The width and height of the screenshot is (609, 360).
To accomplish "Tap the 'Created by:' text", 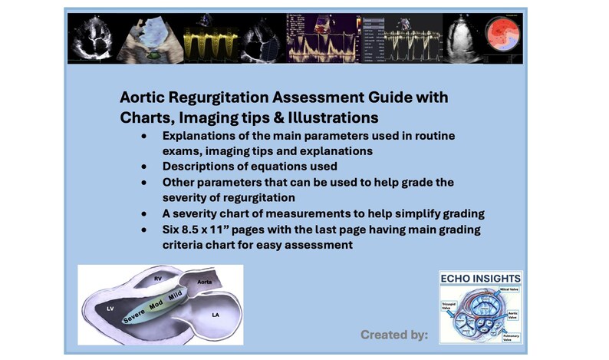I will point(393,335).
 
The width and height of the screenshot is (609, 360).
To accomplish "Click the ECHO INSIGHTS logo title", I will point(480,278).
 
